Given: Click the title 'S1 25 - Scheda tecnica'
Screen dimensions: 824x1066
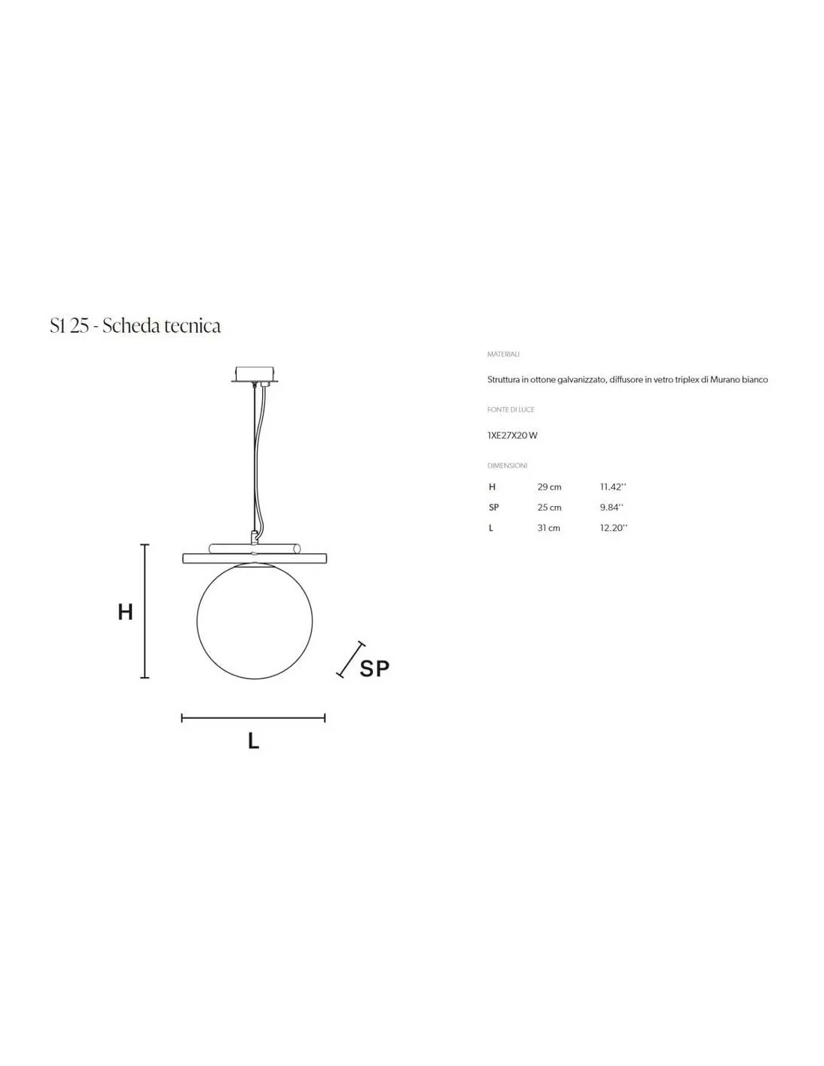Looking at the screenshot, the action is [136, 325].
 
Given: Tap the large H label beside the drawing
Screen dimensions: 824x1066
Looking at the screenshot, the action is [126, 612].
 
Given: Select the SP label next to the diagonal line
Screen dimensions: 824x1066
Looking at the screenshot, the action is [375, 669].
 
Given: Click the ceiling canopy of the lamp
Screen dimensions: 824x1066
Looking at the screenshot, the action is [255, 376].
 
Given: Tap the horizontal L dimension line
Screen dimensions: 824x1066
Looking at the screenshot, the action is [253, 718].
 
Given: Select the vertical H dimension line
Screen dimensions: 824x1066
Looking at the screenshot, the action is [145, 611].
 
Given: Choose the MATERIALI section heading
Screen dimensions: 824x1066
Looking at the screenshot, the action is [503, 354].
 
